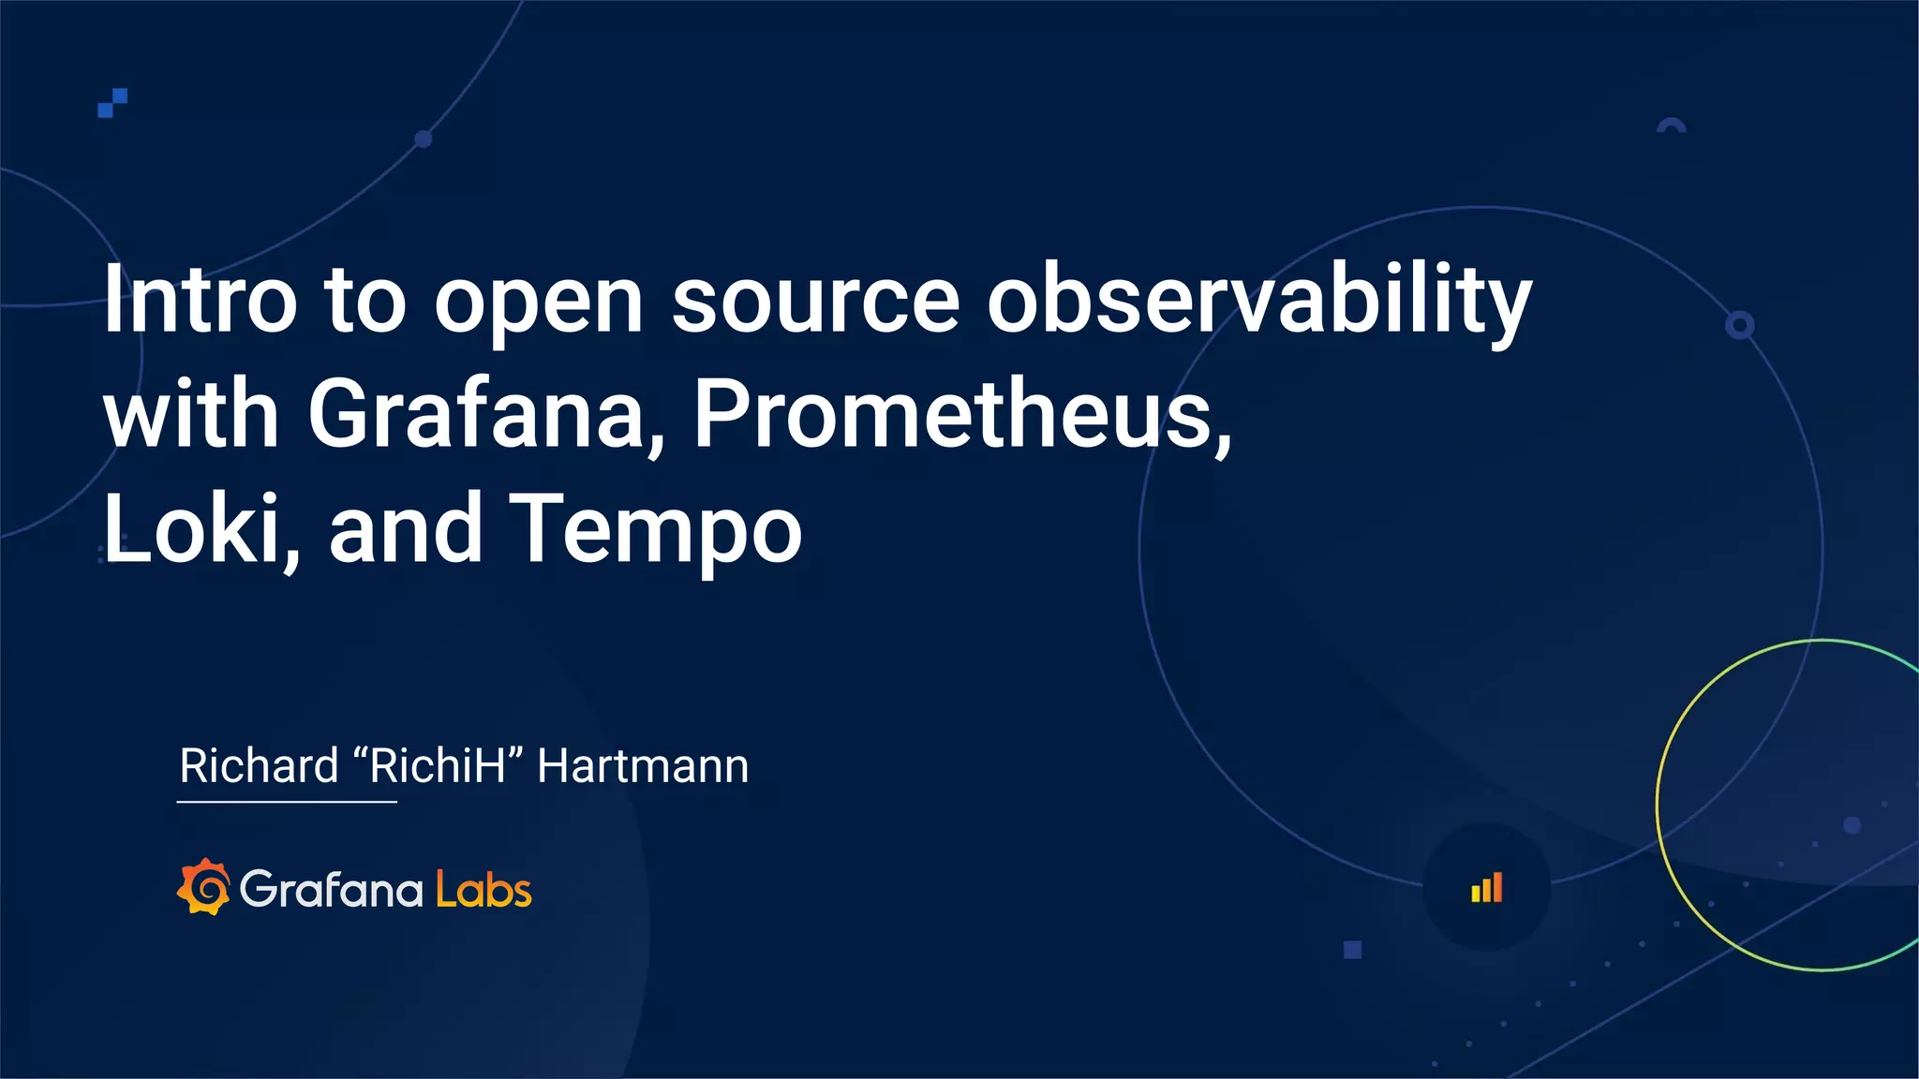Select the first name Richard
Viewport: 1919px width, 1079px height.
pos(259,766)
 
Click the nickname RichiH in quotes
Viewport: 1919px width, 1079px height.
pos(438,766)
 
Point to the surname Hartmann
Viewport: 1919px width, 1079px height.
pos(643,766)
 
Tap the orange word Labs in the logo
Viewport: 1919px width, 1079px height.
pos(483,889)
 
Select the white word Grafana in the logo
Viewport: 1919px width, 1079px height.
pos(332,889)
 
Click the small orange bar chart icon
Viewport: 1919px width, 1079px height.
pos(1486,888)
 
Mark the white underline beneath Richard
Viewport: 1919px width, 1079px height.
pos(287,802)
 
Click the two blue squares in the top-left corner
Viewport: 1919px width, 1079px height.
pos(112,103)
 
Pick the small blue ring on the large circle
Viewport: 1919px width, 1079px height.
pos(1740,325)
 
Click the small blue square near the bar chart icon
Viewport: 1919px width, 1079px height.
pos(1352,950)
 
